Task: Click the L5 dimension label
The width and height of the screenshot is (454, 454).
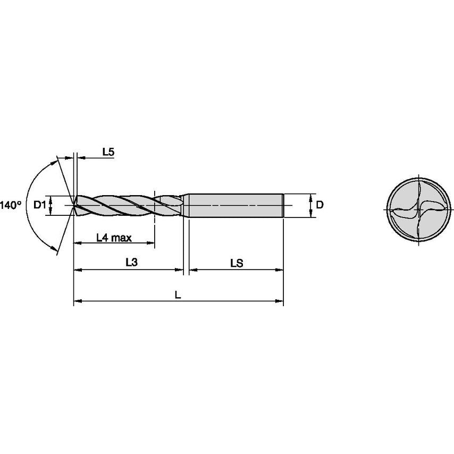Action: [108, 152]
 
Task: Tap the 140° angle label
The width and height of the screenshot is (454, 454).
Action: [11, 205]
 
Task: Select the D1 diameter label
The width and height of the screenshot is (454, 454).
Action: [39, 205]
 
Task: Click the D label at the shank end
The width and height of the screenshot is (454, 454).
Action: [320, 205]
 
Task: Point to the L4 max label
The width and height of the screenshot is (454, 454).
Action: [114, 238]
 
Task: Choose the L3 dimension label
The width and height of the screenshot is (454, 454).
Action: [132, 262]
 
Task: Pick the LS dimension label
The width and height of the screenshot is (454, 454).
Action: [237, 263]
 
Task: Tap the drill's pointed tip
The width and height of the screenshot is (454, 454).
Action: [73, 205]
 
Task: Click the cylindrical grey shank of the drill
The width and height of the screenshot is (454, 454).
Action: [234, 205]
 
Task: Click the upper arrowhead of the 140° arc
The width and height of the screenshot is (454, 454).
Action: [57, 158]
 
